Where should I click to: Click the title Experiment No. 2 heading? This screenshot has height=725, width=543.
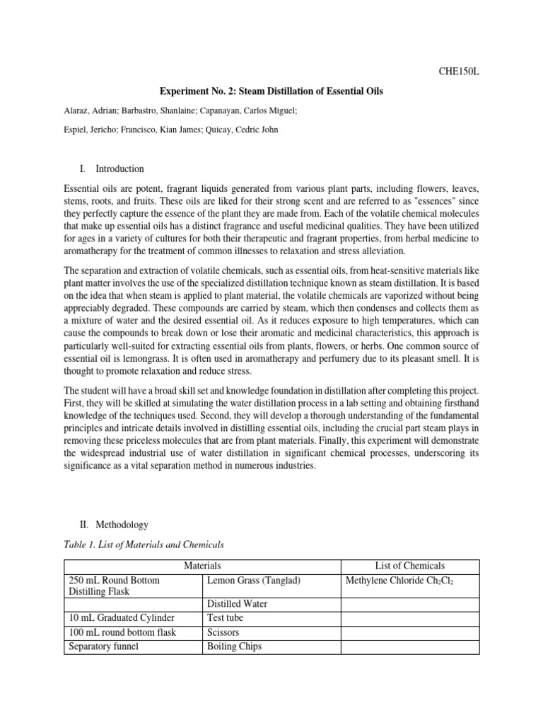click(271, 92)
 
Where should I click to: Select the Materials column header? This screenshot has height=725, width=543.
click(202, 566)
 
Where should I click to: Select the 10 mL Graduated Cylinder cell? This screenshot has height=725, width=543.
click(121, 618)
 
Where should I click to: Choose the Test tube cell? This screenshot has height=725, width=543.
click(226, 618)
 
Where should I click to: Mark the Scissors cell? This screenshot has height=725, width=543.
click(224, 632)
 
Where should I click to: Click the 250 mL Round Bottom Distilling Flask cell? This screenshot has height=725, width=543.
click(113, 587)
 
